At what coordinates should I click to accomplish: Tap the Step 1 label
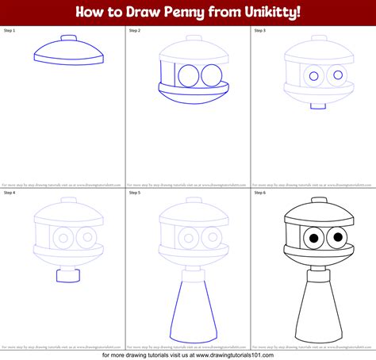tap(10, 30)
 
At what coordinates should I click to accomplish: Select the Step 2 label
tap(134, 30)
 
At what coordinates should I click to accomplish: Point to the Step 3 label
tap(259, 30)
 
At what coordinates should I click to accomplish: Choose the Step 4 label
tap(10, 192)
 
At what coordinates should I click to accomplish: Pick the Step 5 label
tap(134, 192)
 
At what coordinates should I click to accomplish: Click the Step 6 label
tap(259, 192)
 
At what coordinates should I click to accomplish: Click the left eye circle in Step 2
tap(189, 75)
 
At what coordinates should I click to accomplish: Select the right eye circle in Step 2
tap(211, 75)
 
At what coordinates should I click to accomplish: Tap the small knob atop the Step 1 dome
tap(69, 37)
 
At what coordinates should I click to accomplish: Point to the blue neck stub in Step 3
tap(317, 106)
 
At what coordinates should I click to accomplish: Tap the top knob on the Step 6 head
tap(318, 201)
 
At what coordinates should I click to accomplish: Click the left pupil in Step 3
tap(313, 77)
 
